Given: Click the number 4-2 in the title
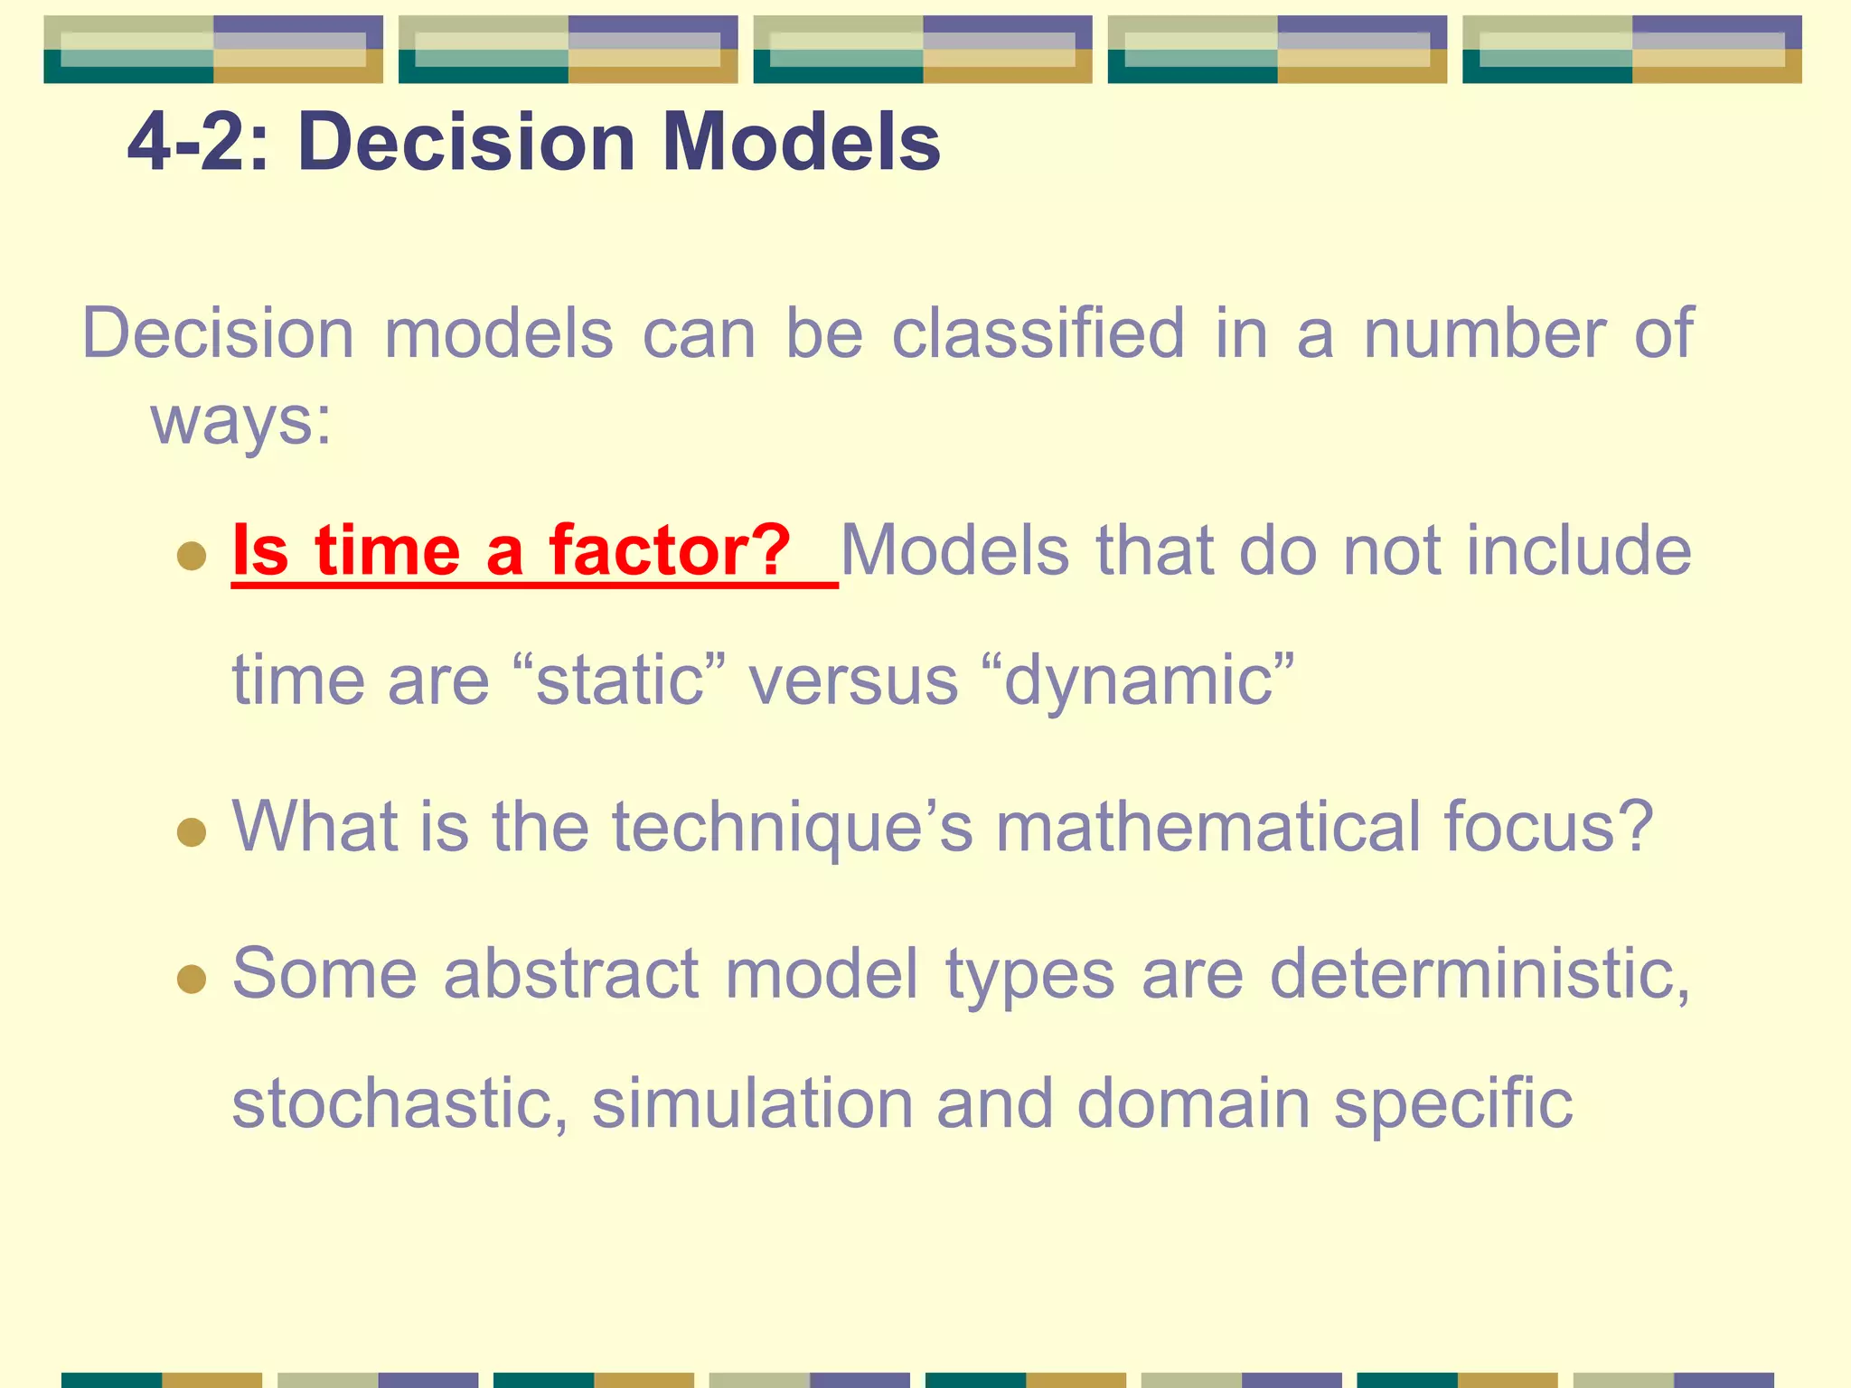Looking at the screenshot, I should pos(186,142).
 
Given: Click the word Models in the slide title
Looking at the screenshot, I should pos(801,142).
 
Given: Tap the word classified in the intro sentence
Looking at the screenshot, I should pos(1038,333).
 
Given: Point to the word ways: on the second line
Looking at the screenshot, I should pos(241,421).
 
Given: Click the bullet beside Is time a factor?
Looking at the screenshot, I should pos(192,555).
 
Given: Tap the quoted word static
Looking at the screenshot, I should pos(619,680).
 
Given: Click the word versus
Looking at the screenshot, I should pos(853,680).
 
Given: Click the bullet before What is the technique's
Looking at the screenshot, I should pos(192,831).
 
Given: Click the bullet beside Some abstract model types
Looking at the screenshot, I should pos(192,978).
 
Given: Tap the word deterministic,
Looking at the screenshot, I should pos(1480,973).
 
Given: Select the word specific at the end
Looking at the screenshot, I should pos(1453,1103).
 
